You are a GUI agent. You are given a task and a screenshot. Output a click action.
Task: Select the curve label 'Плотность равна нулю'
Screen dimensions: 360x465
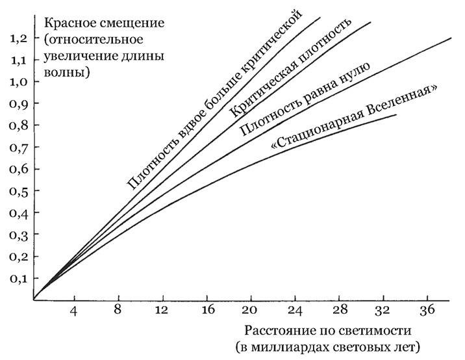(x=305, y=99)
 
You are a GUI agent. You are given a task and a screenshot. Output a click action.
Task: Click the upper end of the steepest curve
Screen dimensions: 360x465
(x=321, y=18)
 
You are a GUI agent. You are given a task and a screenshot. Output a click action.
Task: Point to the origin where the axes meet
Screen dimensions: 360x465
(x=34, y=300)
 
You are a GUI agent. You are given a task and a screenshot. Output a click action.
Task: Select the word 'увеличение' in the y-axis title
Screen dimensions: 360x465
(x=71, y=56)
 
